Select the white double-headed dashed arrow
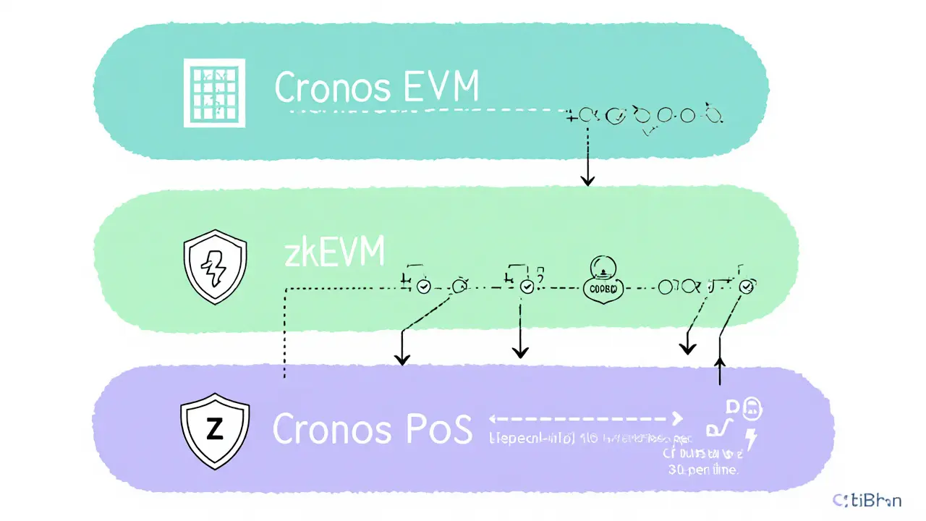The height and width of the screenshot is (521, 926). pyautogui.click(x=586, y=418)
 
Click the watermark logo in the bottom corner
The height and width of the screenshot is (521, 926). pyautogui.click(x=867, y=499)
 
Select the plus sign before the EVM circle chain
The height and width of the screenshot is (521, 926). pyautogui.click(x=573, y=114)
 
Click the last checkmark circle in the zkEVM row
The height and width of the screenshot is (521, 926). pyautogui.click(x=747, y=287)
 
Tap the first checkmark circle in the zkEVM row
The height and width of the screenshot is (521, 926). pyautogui.click(x=424, y=287)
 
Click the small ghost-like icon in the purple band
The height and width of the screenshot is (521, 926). pyautogui.click(x=752, y=409)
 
